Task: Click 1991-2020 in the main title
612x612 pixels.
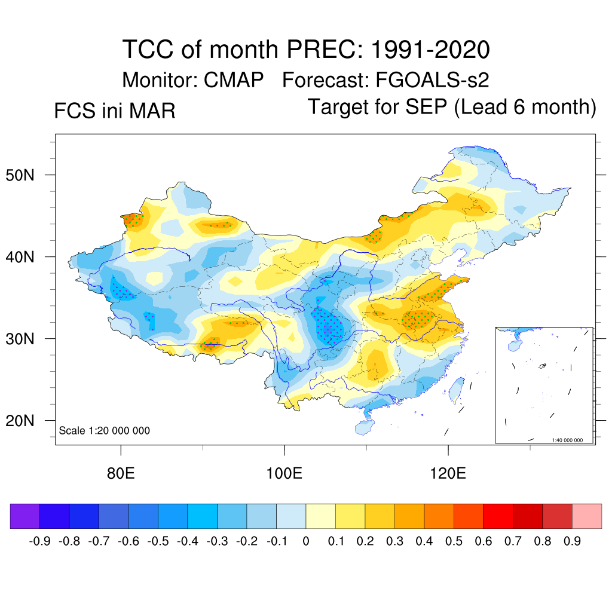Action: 430,49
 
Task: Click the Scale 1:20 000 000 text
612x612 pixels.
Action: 105,431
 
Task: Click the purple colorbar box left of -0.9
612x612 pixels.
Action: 25,516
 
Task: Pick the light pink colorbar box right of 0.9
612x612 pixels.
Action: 587,516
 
